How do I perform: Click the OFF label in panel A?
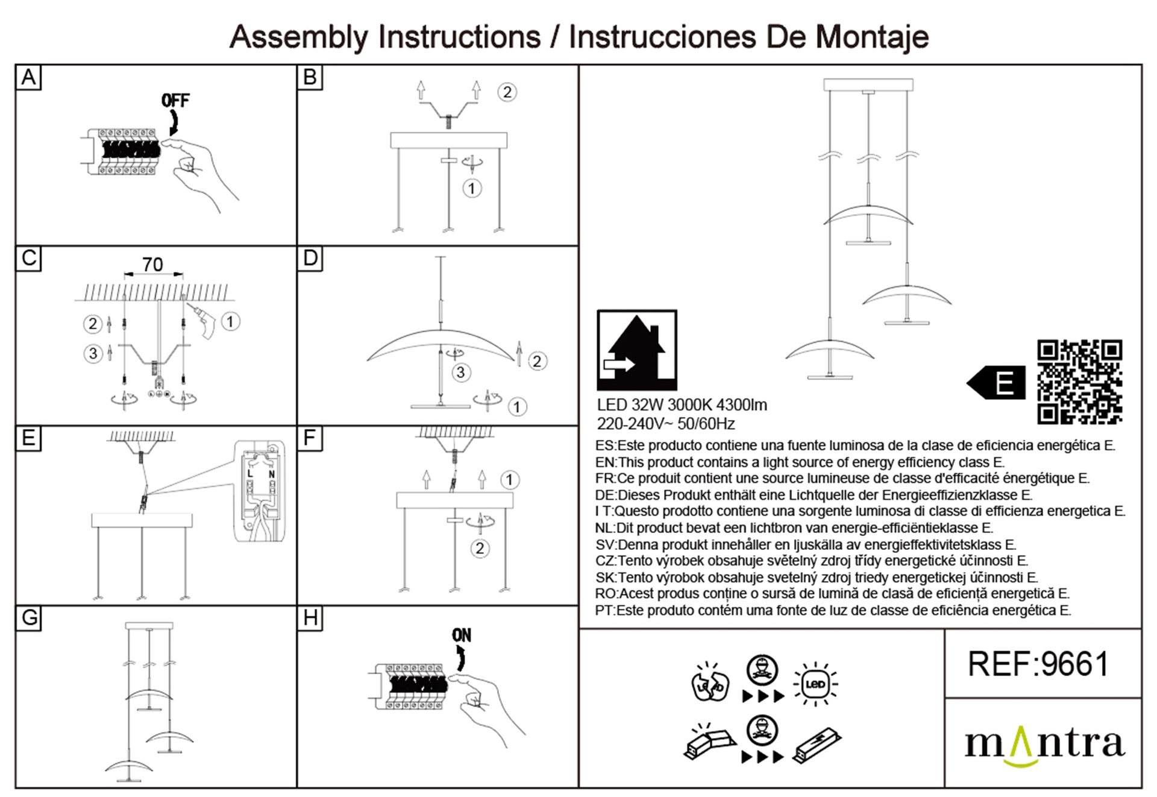pos(175,100)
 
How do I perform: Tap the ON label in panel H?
pos(462,635)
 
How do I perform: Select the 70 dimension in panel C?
pos(152,264)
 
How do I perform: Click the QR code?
pos(1079,382)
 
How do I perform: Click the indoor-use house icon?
pos(637,350)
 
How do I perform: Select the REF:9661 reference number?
pos(1038,664)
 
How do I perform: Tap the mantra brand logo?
pos(1044,745)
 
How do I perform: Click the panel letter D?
pos(310,258)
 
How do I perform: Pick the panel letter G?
pos(29,617)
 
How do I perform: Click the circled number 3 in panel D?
pos(461,372)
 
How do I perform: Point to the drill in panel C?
pos(204,321)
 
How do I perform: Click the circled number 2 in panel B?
pos(507,92)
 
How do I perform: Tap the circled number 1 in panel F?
pos(510,480)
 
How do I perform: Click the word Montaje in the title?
pos(871,37)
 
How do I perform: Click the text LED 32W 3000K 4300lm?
pos(682,405)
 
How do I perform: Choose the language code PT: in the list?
pos(606,611)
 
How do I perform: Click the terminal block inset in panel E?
pos(260,491)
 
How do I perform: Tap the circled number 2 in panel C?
pos(92,324)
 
